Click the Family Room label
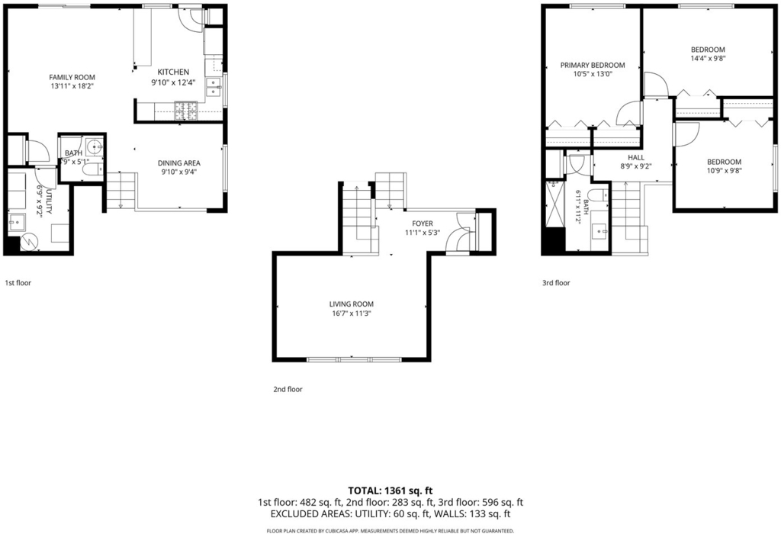point(72,77)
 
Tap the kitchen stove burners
point(186,111)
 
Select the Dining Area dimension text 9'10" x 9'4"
point(179,172)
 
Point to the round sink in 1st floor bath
point(95,147)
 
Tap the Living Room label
point(351,304)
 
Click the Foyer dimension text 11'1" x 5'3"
point(423,233)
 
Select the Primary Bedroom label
point(593,66)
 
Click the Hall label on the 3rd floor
point(636,157)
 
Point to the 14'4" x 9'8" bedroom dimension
point(708,58)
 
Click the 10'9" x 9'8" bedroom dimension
point(725,171)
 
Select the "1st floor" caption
point(18,283)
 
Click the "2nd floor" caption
point(288,390)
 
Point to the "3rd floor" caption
point(556,283)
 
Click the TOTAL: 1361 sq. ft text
point(390,491)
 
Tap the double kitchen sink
point(214,87)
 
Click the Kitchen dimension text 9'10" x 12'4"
point(174,82)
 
